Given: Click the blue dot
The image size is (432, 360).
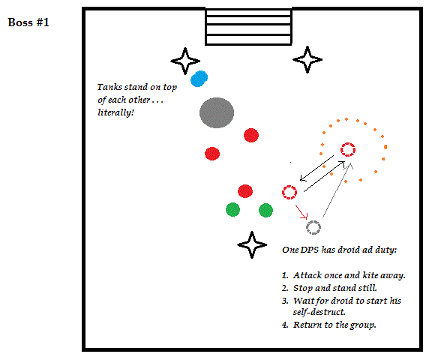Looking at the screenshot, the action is pos(199,79).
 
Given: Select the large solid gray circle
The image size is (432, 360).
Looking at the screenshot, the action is pos(217,112).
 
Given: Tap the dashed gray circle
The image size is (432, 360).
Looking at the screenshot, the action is pos(313,227).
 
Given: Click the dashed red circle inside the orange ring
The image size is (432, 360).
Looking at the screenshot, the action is pos(348,149).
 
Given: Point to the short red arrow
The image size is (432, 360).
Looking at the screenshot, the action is pos(301,211).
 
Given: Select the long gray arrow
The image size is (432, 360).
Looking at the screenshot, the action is pos(337,190).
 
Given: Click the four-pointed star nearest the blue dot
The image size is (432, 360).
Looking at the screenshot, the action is pos(185,61).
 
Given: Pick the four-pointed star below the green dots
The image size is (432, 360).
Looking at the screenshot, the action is pos(252,244).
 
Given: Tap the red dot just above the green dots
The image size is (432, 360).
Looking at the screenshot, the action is pos(245,191).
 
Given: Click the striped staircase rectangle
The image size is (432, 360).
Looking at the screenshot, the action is pos(248,27).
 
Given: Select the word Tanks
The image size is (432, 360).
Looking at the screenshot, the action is pos(109,87).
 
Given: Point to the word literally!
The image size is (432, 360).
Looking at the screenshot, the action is pos(115,112).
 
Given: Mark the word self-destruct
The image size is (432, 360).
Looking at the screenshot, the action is pos(319,312).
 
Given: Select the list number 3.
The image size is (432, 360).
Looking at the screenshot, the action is pos(285,301).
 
